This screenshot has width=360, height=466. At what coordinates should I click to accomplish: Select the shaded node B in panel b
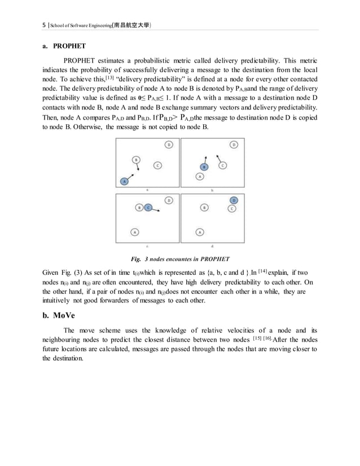pos(204,167)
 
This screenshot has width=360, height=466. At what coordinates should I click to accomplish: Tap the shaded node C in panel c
pos(148,208)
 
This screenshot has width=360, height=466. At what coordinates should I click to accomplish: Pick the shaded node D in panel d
pos(234,200)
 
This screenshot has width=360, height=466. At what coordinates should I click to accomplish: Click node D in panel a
pos(169,146)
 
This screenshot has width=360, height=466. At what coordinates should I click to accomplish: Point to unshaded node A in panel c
pos(134,231)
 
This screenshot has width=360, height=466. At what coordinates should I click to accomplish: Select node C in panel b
pos(223,165)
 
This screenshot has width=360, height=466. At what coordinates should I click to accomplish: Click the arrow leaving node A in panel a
pos(130,177)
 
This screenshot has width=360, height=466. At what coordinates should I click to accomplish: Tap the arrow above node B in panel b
pos(205,159)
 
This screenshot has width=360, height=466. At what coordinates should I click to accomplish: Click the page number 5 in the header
pos(44,25)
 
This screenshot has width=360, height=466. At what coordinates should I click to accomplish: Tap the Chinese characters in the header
pos(130,25)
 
